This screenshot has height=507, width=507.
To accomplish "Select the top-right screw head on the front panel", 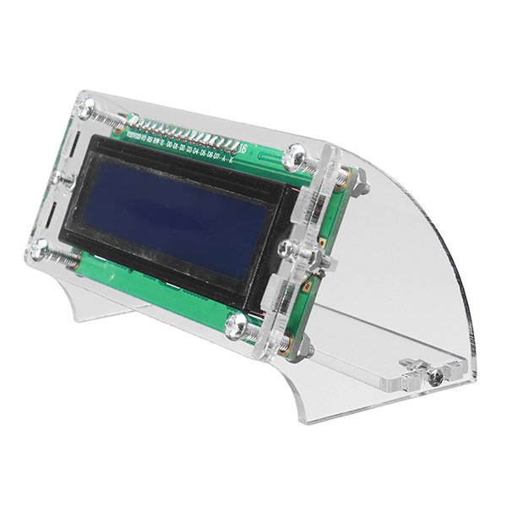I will [x=298, y=154].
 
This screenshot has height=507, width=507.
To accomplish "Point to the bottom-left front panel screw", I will [x=39, y=247].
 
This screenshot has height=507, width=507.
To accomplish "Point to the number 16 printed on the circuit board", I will [x=243, y=150].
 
